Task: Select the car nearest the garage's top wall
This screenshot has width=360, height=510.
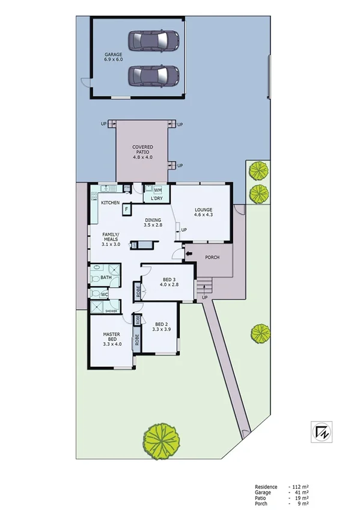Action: click(154, 40)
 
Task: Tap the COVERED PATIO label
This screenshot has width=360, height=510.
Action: click(143, 152)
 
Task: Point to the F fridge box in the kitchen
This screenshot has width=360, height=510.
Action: click(127, 209)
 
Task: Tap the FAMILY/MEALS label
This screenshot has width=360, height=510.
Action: click(111, 239)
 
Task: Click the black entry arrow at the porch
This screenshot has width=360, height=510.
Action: click(189, 254)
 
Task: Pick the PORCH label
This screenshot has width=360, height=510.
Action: click(212, 257)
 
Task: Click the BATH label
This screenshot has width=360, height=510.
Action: click(106, 277)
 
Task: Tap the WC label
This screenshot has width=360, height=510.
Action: click(104, 295)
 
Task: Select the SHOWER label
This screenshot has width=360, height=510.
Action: click(111, 311)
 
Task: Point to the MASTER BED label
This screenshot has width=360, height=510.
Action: click(112, 339)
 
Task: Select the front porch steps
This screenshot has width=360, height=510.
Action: click(205, 284)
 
